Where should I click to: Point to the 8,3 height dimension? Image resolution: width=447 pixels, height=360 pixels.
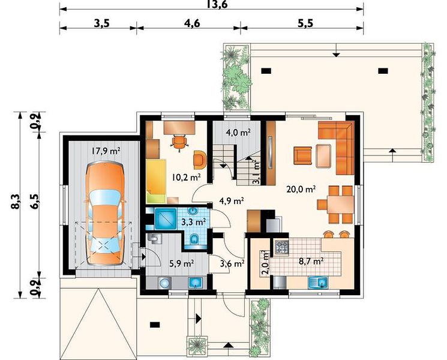16,201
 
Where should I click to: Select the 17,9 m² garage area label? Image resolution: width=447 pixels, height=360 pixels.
106,151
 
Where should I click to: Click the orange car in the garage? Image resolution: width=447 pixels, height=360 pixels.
105,214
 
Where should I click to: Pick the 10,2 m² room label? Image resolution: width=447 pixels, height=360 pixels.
187,177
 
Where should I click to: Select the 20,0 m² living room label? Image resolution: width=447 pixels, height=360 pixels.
301,189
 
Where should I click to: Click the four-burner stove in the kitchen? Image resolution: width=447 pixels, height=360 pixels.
281,247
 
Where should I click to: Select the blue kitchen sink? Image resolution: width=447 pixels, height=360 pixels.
319,283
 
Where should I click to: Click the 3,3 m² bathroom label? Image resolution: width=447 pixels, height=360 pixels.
194,222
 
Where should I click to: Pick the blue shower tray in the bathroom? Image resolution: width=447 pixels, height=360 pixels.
166,219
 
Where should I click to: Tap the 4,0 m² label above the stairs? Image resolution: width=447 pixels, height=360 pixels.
238,132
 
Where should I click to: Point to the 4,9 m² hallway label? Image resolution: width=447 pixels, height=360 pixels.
231,201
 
